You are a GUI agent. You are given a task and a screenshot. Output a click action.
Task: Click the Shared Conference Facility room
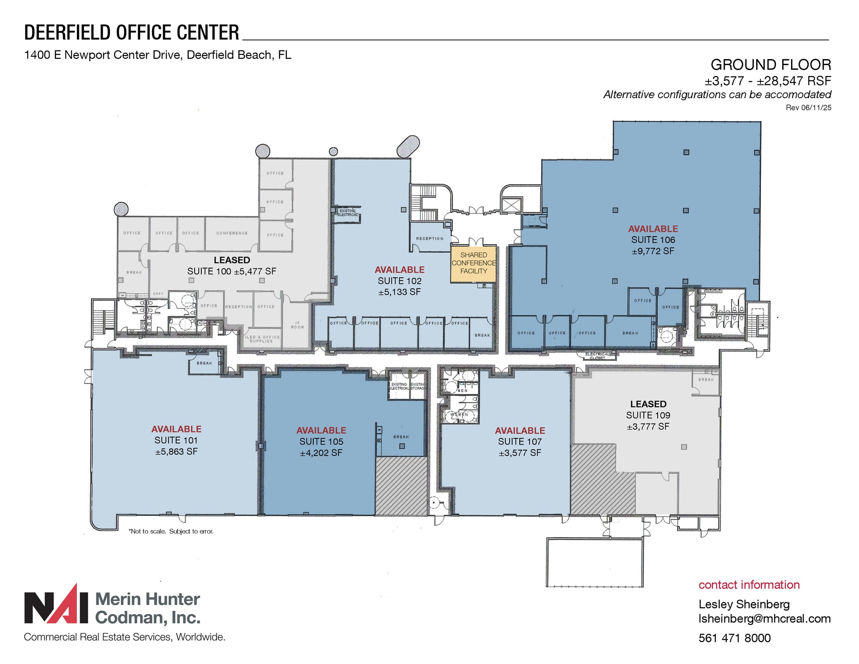(474, 263)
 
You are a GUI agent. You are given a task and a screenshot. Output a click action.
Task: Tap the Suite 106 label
(653, 240)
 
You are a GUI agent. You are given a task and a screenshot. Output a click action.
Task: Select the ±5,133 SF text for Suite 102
(399, 292)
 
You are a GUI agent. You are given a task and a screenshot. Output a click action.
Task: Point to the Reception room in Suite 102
(429, 238)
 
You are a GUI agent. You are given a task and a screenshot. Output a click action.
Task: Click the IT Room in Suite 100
(297, 325)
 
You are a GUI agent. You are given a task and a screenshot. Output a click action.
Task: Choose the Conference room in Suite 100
(232, 233)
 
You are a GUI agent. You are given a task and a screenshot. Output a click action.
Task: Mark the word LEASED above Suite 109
(648, 404)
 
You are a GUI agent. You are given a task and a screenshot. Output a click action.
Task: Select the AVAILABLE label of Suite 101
(176, 429)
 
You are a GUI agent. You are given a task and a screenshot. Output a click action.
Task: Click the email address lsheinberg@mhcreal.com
(764, 619)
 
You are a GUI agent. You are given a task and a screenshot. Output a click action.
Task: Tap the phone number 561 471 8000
(734, 638)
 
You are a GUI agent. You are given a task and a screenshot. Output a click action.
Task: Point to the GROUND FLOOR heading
(770, 65)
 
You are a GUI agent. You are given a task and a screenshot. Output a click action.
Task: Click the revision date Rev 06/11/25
(808, 108)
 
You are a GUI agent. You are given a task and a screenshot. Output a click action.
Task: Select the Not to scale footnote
(171, 531)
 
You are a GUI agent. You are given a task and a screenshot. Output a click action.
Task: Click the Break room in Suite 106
(630, 333)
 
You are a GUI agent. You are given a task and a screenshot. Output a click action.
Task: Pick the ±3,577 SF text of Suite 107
(520, 453)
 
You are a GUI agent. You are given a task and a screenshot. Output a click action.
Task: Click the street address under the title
(158, 55)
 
